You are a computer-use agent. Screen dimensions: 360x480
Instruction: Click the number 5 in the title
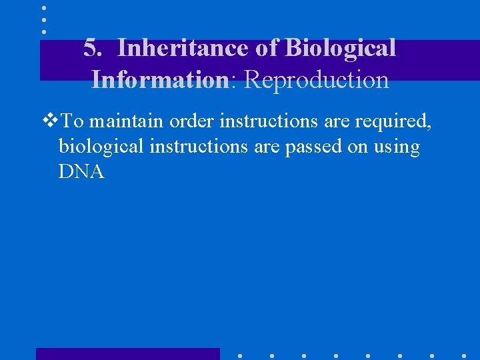click(x=91, y=48)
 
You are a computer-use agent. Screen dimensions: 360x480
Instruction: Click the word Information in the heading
click(x=161, y=79)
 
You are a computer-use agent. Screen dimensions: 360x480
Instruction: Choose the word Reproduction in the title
click(x=317, y=79)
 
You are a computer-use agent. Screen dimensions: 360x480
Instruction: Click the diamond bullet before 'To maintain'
click(x=50, y=121)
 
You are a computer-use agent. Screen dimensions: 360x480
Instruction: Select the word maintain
click(x=127, y=121)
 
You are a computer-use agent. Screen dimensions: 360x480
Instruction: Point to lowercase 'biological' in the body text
click(x=101, y=147)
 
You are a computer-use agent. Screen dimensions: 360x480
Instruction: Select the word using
click(x=397, y=147)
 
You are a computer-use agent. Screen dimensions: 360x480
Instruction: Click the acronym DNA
click(x=81, y=172)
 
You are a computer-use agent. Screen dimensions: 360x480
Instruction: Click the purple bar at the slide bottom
click(x=127, y=353)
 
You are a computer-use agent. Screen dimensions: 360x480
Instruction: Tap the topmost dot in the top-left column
click(x=44, y=8)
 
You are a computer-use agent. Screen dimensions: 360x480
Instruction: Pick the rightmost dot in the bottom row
click(x=464, y=355)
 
